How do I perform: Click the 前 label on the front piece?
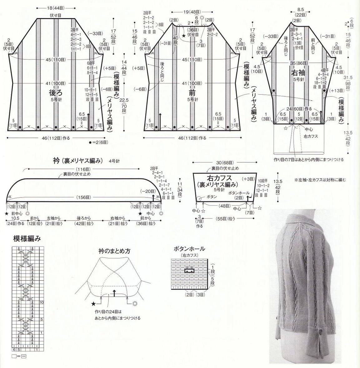click(x=192, y=93)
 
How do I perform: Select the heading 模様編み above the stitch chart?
click(x=27, y=239)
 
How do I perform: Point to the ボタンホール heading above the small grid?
click(x=189, y=249)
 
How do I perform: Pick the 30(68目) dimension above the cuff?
click(x=225, y=162)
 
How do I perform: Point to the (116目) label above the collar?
click(x=83, y=169)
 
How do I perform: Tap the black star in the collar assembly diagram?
click(x=93, y=303)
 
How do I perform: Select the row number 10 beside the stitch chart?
click(x=42, y=302)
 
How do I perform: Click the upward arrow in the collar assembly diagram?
click(x=115, y=293)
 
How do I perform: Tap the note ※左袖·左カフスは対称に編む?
click(x=320, y=180)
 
